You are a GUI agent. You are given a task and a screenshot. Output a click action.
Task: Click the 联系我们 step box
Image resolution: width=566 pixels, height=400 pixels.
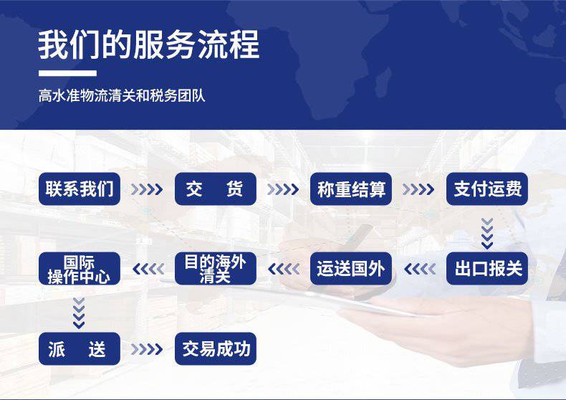pos(80,189)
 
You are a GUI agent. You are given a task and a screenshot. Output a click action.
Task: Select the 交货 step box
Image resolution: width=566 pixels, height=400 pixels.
pos(216,189)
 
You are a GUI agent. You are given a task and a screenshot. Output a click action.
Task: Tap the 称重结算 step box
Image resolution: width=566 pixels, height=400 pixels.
pos(351,189)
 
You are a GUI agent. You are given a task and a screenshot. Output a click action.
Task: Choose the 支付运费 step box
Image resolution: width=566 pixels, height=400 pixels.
pos(487,189)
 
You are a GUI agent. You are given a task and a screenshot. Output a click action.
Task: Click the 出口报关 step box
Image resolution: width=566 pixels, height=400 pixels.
pos(487,269)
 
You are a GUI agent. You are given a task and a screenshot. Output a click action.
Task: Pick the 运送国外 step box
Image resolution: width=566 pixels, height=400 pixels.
pos(351,269)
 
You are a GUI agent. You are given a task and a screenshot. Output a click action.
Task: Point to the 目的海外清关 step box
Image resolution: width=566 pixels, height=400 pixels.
pos(216,269)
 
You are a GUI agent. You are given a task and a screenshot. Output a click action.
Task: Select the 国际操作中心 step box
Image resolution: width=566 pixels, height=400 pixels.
pos(80,269)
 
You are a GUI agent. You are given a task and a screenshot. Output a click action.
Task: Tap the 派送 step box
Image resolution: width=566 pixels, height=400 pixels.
pos(80,348)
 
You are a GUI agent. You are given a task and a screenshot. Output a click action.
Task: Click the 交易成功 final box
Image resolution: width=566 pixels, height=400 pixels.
pos(216,348)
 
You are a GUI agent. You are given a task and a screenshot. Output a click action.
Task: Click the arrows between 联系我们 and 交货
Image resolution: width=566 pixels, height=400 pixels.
pos(147,189)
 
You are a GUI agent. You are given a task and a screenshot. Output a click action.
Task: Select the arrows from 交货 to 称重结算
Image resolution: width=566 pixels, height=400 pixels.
pos(283,189)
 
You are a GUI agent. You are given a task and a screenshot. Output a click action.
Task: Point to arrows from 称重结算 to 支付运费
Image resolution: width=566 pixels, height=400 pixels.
pos(418,189)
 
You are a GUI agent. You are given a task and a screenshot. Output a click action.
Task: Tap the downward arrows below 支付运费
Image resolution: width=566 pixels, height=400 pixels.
pos(487,234)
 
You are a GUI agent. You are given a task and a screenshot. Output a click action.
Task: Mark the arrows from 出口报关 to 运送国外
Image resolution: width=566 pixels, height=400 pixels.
pos(420,269)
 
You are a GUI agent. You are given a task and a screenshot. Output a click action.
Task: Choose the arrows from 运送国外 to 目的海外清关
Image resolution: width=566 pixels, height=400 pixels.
pos(284,269)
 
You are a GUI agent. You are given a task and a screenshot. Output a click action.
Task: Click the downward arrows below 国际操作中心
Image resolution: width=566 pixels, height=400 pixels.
pos(79,313)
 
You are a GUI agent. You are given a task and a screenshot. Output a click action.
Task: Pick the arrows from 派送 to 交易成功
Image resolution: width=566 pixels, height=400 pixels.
pos(147,349)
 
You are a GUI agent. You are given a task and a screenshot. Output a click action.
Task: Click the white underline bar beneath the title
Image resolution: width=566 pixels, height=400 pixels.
pos(67,73)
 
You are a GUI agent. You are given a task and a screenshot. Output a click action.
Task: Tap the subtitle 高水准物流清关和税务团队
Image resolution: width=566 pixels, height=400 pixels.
pos(122,96)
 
